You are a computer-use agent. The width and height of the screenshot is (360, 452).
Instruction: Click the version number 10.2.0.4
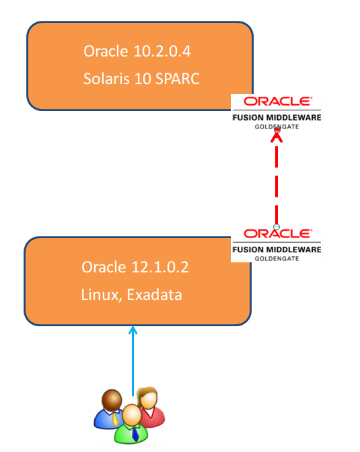click(162, 51)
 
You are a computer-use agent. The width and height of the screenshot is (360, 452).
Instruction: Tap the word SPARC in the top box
click(178, 79)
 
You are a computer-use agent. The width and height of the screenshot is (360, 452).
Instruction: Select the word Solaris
click(106, 79)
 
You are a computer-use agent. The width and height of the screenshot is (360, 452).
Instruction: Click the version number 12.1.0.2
click(160, 267)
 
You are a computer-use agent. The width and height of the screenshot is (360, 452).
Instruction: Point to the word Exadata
click(154, 295)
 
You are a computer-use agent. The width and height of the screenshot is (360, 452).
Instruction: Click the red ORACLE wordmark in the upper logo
click(277, 102)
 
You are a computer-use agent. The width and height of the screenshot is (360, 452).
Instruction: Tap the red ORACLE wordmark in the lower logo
click(277, 233)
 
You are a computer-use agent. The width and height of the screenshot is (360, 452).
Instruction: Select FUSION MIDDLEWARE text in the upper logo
click(277, 118)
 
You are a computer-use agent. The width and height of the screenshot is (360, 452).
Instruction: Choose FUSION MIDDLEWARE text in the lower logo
click(277, 250)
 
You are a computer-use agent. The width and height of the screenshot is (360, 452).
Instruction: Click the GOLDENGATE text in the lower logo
click(277, 258)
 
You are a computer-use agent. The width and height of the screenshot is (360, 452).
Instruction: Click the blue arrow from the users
click(133, 361)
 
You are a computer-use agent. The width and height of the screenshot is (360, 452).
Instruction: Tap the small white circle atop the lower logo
click(277, 227)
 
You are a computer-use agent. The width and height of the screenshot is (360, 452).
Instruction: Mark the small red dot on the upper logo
click(277, 130)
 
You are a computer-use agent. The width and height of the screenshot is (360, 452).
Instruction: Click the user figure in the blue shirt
click(110, 410)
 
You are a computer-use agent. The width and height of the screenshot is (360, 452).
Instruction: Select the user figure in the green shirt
click(131, 424)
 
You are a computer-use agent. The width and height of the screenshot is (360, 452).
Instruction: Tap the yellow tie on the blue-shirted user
click(115, 420)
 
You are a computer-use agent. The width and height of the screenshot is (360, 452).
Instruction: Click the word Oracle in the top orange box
click(106, 51)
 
